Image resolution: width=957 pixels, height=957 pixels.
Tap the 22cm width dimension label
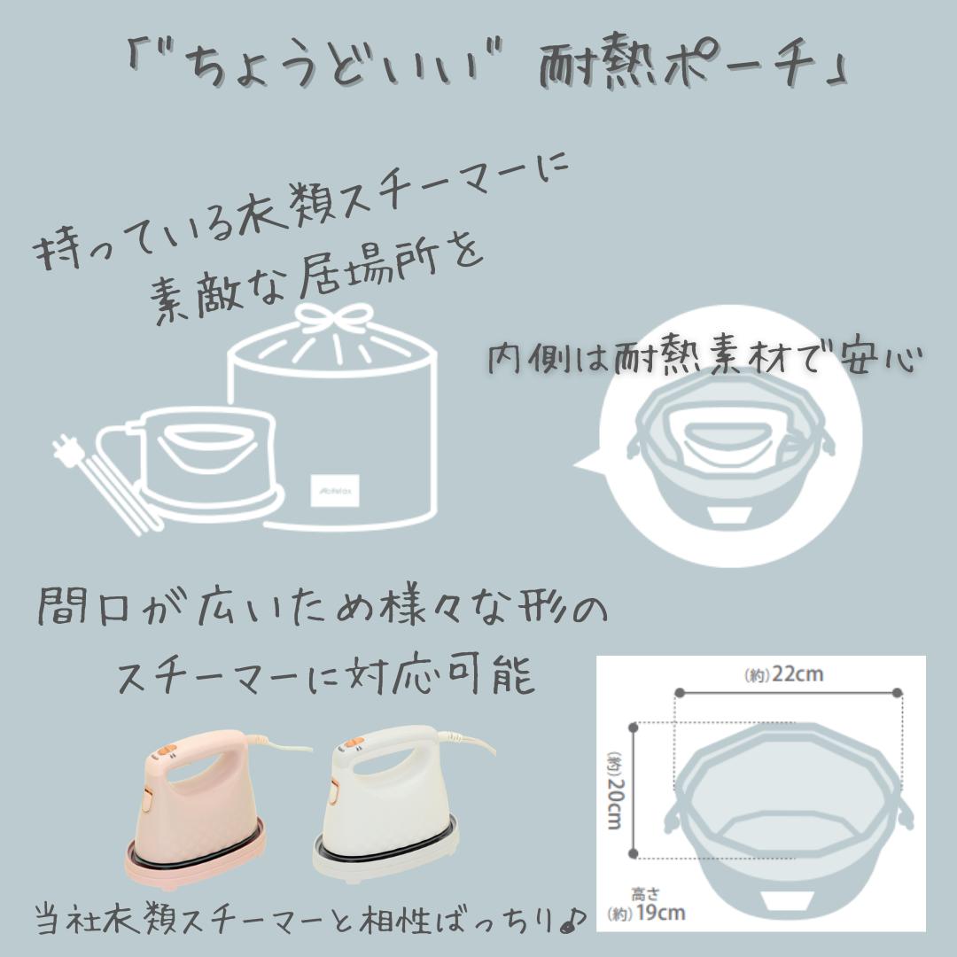coord(783,674)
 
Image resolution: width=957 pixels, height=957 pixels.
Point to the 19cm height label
coord(647,906)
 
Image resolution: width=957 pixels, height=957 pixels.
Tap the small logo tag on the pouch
coord(335,490)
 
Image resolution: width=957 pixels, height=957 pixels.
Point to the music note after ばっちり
coord(572,918)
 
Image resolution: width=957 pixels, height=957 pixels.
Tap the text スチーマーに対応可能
coord(326,675)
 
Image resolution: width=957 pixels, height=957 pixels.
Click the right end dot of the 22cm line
coord(897,693)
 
